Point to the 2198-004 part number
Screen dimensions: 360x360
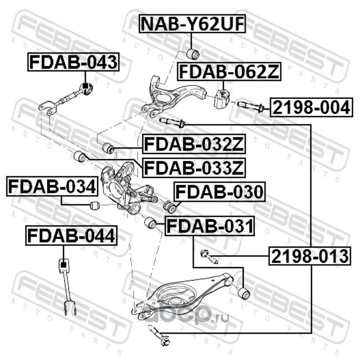[x=310, y=108]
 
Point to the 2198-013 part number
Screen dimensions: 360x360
[x=310, y=256]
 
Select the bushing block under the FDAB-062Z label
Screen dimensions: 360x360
[x=220, y=99]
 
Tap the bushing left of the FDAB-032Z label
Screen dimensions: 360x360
[x=108, y=148]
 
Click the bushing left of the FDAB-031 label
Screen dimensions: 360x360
[x=150, y=222]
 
